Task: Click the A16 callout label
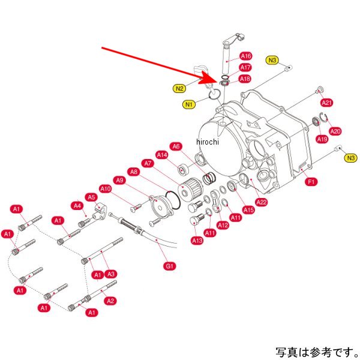245,56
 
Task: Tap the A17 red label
245,67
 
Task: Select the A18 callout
245,79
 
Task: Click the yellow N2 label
179,88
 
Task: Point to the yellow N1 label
189,104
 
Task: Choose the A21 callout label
326,103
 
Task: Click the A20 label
335,131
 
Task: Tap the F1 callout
311,182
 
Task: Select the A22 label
262,202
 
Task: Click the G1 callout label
169,266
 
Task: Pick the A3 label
110,274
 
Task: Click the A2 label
110,301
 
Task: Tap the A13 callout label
197,241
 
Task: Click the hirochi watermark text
208,142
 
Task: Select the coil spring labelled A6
209,178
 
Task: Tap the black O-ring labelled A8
173,200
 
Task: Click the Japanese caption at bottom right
317,352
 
